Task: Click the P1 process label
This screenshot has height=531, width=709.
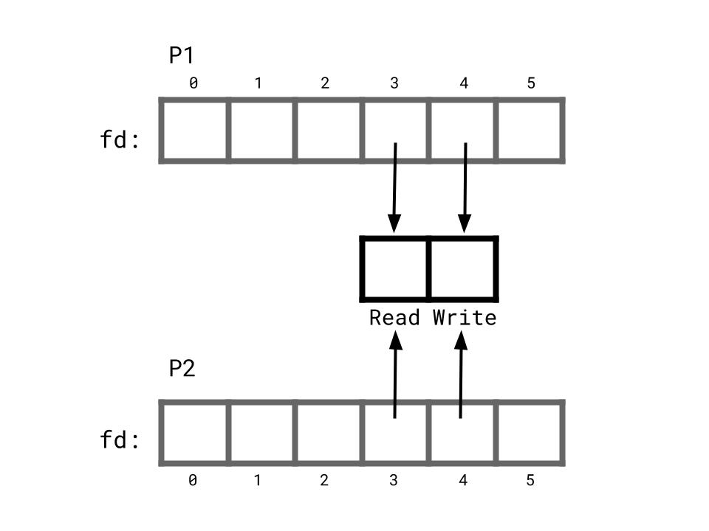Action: [182, 55]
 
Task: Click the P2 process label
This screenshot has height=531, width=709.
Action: [182, 368]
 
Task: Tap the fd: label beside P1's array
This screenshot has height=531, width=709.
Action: [120, 139]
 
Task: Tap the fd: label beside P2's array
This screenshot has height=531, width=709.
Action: [120, 440]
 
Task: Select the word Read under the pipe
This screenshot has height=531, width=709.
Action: [394, 318]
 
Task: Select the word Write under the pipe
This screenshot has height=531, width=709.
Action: [465, 318]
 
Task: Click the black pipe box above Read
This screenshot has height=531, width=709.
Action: [395, 269]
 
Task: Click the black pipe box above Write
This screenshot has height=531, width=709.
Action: [463, 269]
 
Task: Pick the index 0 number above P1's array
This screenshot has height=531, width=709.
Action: [193, 83]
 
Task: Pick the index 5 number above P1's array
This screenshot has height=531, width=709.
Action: [531, 83]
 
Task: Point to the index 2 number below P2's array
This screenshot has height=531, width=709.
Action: [324, 481]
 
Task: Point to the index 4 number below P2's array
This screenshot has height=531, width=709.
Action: [463, 481]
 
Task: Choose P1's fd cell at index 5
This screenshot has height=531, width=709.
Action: [530, 131]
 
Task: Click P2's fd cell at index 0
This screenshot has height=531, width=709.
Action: [194, 433]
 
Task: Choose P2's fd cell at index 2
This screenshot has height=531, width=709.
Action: [328, 433]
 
